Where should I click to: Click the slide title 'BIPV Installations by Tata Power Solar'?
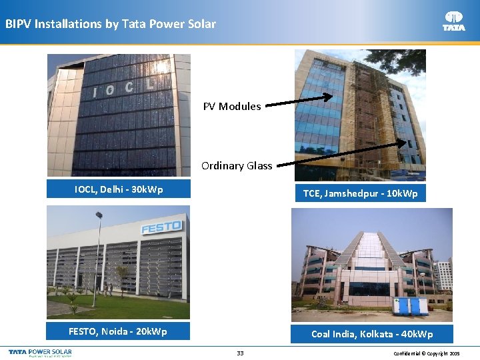(111, 24)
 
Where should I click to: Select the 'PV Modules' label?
(232, 107)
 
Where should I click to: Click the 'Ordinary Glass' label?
(237, 166)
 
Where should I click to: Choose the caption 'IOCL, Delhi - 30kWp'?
(119, 189)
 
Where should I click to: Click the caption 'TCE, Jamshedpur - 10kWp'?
(360, 193)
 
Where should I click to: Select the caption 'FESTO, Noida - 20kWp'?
(118, 331)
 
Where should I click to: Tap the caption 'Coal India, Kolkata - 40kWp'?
(372, 334)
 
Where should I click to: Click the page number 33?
(240, 353)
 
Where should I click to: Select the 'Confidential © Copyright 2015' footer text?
(427, 353)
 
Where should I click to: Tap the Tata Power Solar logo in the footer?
(40, 352)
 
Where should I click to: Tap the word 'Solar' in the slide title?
(201, 24)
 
